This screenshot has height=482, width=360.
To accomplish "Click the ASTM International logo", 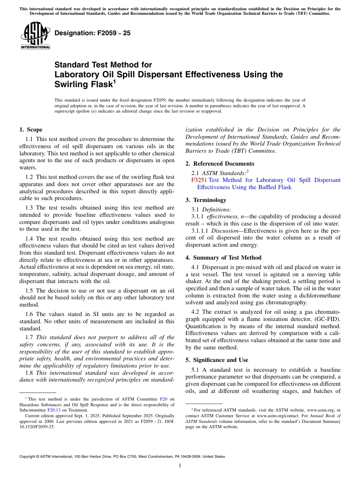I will click(x=35, y=36).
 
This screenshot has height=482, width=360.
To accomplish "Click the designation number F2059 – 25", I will click(x=92, y=33).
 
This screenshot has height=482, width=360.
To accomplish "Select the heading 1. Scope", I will click(x=31, y=130).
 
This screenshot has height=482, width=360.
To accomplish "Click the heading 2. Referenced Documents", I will click(x=220, y=164).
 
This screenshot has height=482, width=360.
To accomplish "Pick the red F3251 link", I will click(x=199, y=180).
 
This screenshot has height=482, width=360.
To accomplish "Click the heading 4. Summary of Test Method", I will click(x=224, y=258).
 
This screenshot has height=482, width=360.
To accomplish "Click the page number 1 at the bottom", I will click(x=180, y=466).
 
